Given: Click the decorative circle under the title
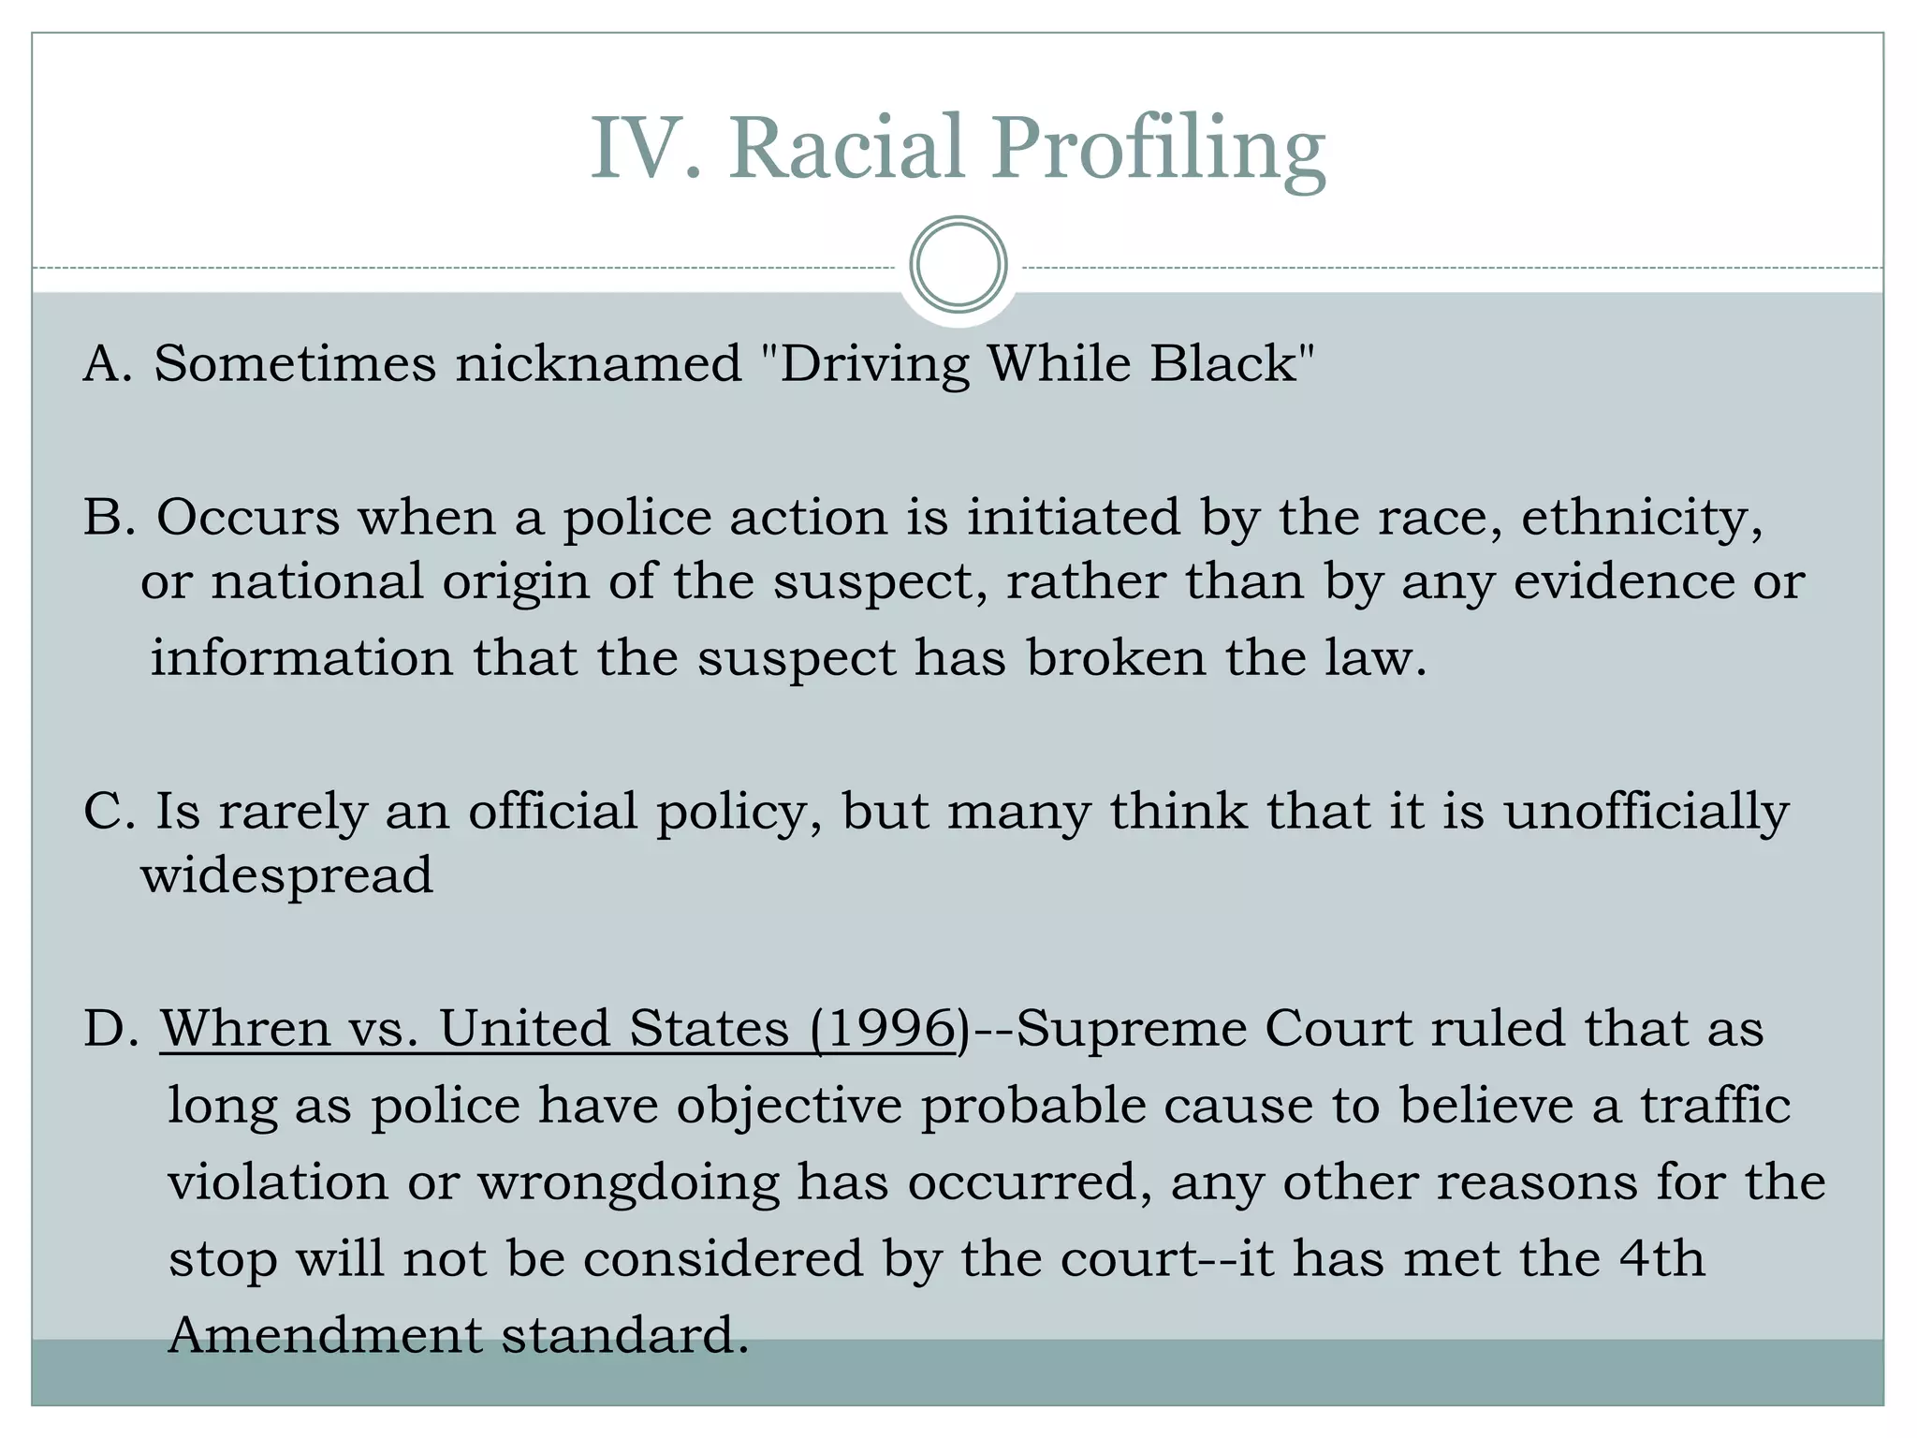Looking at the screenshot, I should point(958,265).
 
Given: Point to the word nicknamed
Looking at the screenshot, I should point(598,363).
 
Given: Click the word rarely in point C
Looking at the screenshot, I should point(293,812).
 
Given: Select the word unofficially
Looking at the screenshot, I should point(1646,812).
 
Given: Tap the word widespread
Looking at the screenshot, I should point(287,875).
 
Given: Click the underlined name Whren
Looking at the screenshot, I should point(245,1028).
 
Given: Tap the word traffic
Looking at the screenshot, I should point(1715,1105).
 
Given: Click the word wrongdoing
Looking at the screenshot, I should point(628,1182).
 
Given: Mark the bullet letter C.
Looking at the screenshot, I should point(109,812).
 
